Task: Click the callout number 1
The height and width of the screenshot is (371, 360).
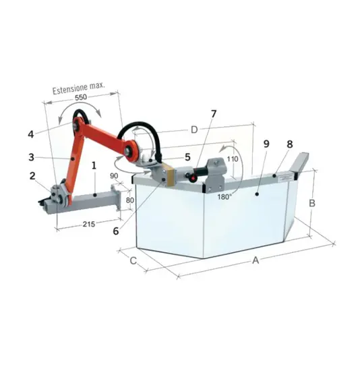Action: click(x=94, y=166)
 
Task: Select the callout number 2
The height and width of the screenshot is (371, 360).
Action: click(x=32, y=176)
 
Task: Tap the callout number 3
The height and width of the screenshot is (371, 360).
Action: click(x=31, y=157)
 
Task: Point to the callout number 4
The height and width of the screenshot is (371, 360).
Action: click(x=31, y=134)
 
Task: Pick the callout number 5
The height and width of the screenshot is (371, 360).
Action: click(x=187, y=157)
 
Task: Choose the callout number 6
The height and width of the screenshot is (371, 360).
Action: click(x=116, y=231)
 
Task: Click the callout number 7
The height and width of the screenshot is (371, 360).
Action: click(x=214, y=114)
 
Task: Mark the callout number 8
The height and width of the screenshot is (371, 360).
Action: click(x=290, y=144)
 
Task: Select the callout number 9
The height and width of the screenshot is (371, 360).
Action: click(x=266, y=144)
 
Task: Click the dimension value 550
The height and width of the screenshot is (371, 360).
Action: click(x=81, y=97)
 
